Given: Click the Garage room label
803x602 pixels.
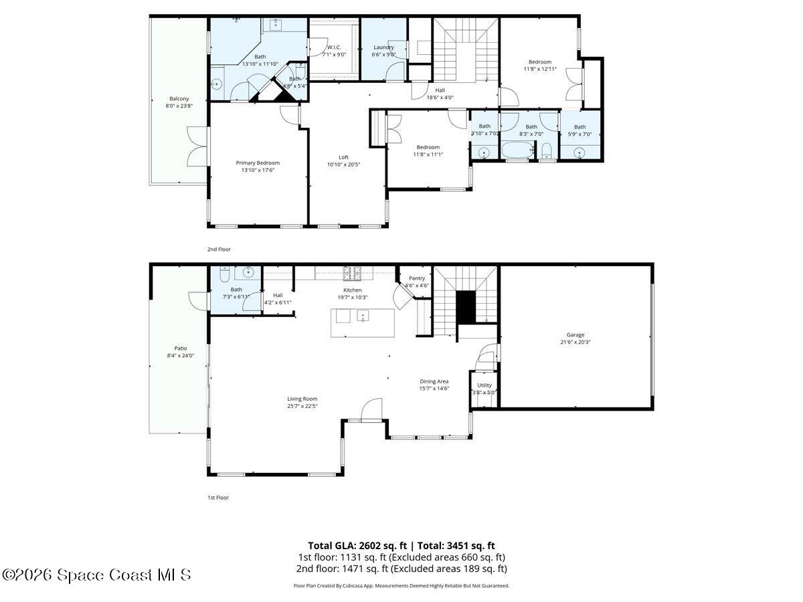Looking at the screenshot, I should pos(575,335).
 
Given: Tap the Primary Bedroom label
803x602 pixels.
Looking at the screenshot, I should pos(258,163).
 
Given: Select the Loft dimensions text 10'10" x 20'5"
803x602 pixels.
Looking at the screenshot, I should pos(344,165).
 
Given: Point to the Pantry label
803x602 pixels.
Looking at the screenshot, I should pos(416,278).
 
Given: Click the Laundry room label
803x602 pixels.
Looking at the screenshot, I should pos(384,47).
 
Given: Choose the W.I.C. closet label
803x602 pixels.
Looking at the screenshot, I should pos(334,47).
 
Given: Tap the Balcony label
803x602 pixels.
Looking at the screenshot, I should pos(179,99).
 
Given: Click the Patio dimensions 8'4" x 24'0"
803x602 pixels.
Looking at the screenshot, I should pos(181,356).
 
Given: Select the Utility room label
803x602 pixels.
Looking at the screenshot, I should pos(484,385).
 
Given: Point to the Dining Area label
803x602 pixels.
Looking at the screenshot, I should pos(434,381).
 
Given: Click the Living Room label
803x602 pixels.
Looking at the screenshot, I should pos(302,399).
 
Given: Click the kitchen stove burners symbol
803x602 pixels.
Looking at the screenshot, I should pos(353,272).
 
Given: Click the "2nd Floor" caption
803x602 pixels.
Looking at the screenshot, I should pos(219,249).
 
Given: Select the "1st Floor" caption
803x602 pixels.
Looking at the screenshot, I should pos(218,498).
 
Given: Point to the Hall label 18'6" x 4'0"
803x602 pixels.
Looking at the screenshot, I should pos(440,90).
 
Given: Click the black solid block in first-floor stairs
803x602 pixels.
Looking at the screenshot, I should pos(465,307).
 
